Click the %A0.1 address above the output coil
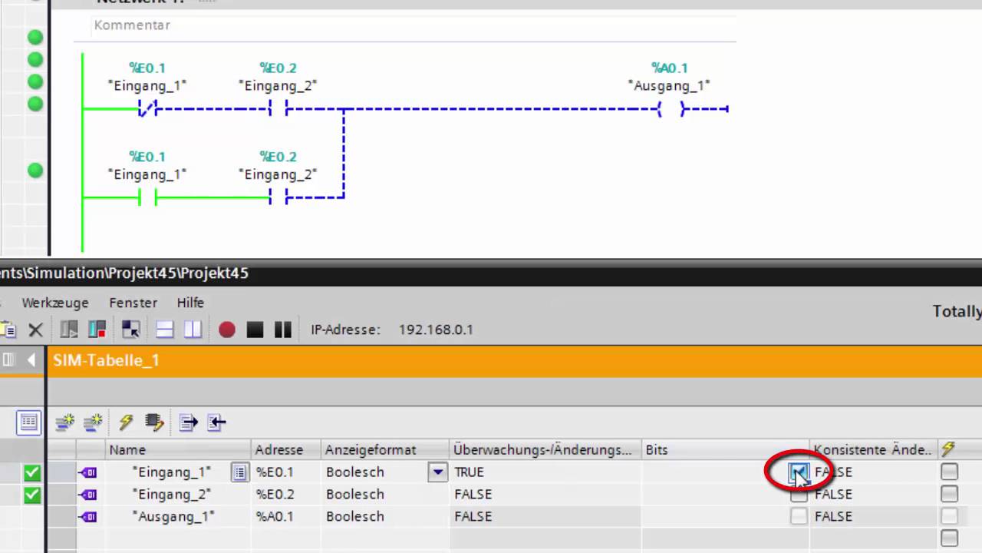pyautogui.click(x=669, y=68)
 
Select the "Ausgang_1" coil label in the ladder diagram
pyautogui.click(x=669, y=86)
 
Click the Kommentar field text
pyautogui.click(x=132, y=25)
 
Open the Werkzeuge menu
pyautogui.click(x=55, y=303)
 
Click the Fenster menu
pyautogui.click(x=133, y=303)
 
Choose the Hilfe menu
pyautogui.click(x=190, y=303)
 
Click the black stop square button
pyautogui.click(x=255, y=329)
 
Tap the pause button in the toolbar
pyautogui.click(x=283, y=329)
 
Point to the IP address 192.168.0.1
pyautogui.click(x=436, y=329)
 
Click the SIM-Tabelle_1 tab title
pyautogui.click(x=106, y=360)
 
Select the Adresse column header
pyautogui.click(x=279, y=450)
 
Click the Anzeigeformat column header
pyautogui.click(x=371, y=450)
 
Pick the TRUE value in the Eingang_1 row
pyautogui.click(x=470, y=472)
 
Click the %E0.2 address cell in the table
pyautogui.click(x=275, y=495)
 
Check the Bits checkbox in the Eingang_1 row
pyautogui.click(x=799, y=472)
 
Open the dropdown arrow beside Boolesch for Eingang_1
pyautogui.click(x=437, y=472)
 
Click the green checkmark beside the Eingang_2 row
pyautogui.click(x=32, y=495)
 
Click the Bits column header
pyautogui.click(x=657, y=450)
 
